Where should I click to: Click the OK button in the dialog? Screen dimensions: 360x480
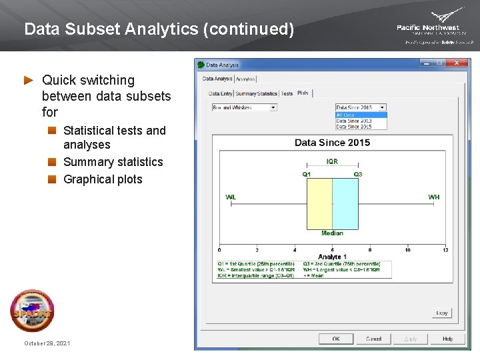point(336,339)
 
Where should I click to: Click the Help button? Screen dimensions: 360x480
point(447,339)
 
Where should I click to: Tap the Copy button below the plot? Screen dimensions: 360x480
point(442,313)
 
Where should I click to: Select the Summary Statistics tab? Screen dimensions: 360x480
point(256,94)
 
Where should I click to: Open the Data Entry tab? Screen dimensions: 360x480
point(221,94)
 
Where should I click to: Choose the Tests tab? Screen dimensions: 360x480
point(287,94)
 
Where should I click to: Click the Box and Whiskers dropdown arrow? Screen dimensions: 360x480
point(273,107)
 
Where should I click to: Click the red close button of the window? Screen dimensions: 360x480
point(457,63)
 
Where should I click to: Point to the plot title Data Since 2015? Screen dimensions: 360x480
point(332,143)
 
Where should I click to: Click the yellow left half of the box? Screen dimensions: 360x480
point(319,204)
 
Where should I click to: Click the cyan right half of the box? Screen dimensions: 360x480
point(345,204)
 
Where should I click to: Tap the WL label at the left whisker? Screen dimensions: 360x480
point(231,197)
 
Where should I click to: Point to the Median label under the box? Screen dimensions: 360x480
point(332,233)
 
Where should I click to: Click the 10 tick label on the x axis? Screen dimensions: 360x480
point(407,250)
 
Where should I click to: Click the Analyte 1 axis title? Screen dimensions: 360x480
point(332,257)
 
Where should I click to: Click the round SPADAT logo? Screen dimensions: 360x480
point(32,311)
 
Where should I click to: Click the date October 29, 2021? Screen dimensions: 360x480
point(47,343)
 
